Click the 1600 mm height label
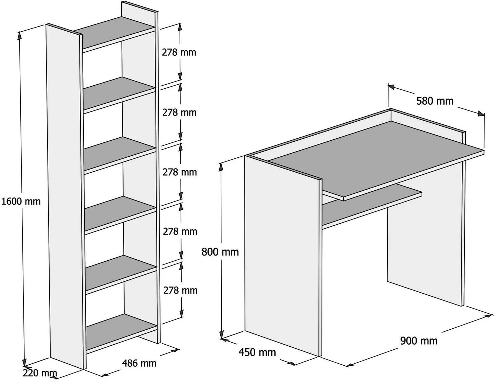pyautogui.click(x=21, y=202)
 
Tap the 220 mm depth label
pyautogui.click(x=40, y=373)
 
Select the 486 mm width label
pyautogui.click(x=139, y=363)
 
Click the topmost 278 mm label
pyautogui.click(x=179, y=53)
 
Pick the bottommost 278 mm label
pyautogui.click(x=180, y=290)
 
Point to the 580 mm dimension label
pyautogui.click(x=435, y=101)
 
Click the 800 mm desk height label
pyautogui.click(x=220, y=252)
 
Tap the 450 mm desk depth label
pyautogui.click(x=257, y=352)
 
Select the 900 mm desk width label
pyautogui.click(x=419, y=341)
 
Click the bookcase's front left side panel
pyautogui.click(x=66, y=200)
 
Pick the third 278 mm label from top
pyautogui.click(x=180, y=172)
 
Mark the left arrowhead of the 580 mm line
pyautogui.click(x=391, y=87)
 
